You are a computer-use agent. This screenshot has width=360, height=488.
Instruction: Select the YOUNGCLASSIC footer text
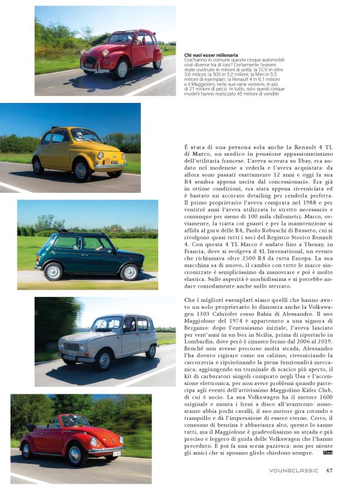click(295, 470)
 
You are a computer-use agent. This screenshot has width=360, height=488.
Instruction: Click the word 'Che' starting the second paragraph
click(191, 300)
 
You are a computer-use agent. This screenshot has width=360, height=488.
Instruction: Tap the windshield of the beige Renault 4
click(106, 325)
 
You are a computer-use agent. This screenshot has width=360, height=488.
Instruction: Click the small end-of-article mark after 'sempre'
click(328, 453)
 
